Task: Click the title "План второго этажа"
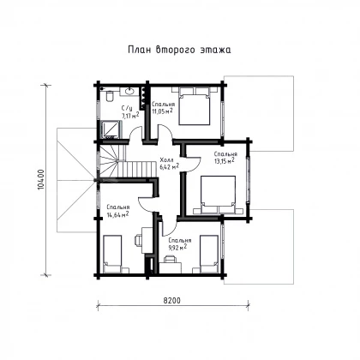click(179, 50)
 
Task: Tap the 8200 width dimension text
click(172, 301)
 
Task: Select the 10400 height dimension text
click(41, 180)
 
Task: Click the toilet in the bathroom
click(110, 96)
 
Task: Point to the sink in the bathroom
click(129, 92)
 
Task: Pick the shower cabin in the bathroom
click(111, 129)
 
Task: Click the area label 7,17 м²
click(130, 116)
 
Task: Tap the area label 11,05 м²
click(162, 111)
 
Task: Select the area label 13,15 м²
click(225, 161)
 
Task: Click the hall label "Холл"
click(166, 159)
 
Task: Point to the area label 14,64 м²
click(117, 214)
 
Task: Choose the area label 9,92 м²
click(177, 248)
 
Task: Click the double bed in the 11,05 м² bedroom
click(195, 106)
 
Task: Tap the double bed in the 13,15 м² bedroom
click(218, 195)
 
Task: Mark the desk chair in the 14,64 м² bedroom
click(137, 240)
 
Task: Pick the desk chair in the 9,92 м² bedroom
click(170, 259)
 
